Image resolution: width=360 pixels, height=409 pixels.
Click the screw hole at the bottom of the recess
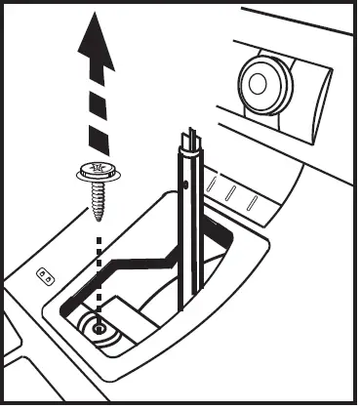[x=100, y=330]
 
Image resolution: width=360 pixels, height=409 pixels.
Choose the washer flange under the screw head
[x=96, y=178]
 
